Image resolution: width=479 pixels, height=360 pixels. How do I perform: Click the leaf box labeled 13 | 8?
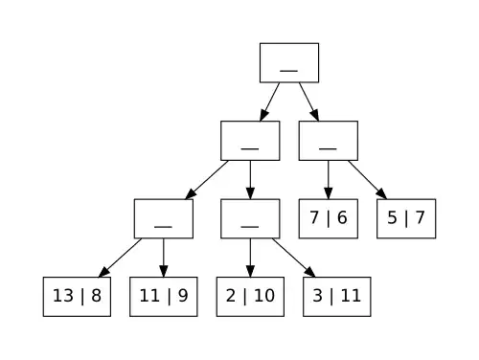click(77, 296)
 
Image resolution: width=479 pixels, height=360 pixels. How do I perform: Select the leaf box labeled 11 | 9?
click(164, 296)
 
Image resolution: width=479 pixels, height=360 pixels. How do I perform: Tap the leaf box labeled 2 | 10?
click(250, 296)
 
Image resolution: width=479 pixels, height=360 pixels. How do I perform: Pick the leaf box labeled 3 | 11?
click(336, 296)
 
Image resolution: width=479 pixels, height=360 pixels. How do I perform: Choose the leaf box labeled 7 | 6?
click(328, 218)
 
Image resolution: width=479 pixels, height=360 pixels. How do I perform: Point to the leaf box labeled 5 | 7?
click(406, 218)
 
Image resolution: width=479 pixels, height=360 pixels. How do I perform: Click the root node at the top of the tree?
click(288, 63)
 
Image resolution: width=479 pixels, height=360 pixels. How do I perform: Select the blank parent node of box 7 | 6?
click(328, 141)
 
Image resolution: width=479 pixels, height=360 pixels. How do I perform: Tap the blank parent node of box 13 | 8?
click(164, 218)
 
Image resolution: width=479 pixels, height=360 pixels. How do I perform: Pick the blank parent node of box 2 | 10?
click(250, 218)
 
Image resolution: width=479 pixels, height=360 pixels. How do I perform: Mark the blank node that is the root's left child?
click(250, 141)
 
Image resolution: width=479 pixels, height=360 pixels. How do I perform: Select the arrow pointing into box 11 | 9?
click(164, 258)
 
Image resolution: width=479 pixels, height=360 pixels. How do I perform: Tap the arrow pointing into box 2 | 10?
click(250, 258)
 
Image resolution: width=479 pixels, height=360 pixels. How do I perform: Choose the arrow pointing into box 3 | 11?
click(293, 258)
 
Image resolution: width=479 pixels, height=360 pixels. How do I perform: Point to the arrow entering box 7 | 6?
click(328, 180)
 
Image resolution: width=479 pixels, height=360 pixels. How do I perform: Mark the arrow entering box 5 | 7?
click(367, 180)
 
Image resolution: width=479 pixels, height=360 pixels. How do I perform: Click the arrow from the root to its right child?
click(308, 101)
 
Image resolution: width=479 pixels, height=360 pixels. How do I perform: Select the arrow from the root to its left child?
click(269, 101)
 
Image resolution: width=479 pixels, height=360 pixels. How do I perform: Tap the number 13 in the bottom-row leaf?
click(63, 296)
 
